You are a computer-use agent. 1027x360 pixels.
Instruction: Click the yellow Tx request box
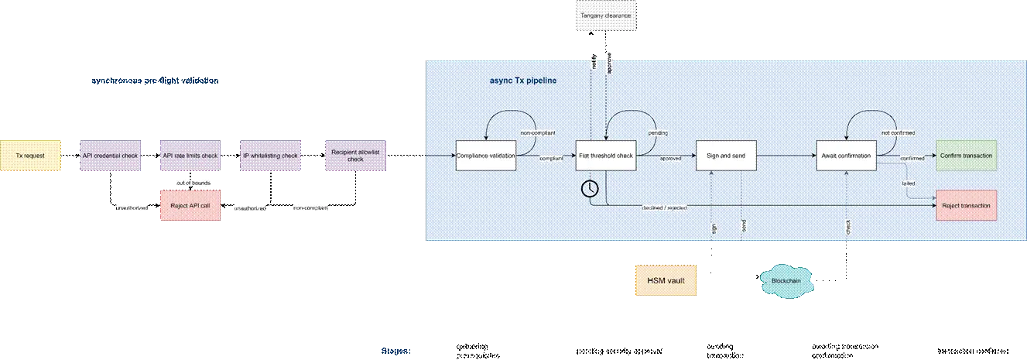pos(30,156)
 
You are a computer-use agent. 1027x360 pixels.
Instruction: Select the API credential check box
pos(111,156)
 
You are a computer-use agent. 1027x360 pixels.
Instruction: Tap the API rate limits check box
pos(190,156)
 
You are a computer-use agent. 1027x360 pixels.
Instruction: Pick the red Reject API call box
pos(190,205)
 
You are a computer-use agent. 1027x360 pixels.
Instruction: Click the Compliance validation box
pos(486,156)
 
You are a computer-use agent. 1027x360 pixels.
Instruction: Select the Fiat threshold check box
pos(606,156)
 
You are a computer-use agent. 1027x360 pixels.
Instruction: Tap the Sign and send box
pos(725,156)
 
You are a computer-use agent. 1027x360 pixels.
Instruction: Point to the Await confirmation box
pos(847,156)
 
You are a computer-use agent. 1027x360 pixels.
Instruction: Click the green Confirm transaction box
pos(966,156)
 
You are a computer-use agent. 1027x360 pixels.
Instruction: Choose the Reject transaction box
pos(966,205)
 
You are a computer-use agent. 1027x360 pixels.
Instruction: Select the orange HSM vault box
pos(666,279)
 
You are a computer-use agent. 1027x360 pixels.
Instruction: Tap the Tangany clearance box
pos(606,15)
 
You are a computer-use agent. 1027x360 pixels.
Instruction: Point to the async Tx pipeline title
pos(523,81)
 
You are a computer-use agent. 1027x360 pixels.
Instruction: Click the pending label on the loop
pos(657,134)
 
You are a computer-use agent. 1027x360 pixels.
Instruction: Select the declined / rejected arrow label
pos(663,207)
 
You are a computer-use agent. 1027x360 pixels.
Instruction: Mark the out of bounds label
pos(191,182)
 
